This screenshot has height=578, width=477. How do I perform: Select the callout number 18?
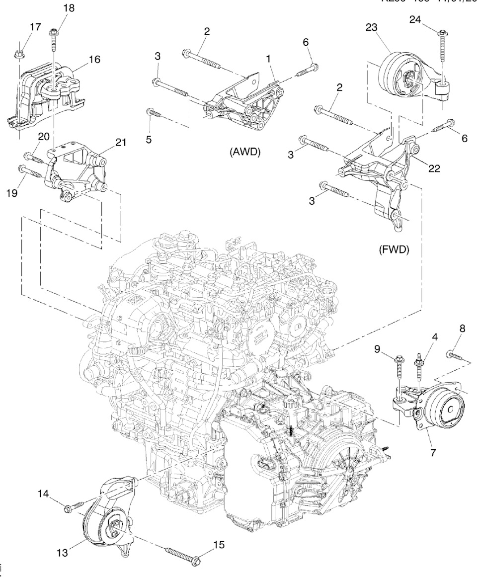(68, 9)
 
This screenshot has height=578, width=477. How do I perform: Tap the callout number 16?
(94, 59)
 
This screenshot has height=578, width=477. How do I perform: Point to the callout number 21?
(120, 142)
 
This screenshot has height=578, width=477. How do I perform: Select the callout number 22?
(434, 168)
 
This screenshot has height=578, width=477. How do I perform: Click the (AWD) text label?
(245, 152)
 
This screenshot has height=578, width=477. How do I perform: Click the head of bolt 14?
(68, 507)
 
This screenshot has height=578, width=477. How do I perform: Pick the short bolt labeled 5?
(152, 114)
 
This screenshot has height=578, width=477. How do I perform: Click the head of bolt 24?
(442, 34)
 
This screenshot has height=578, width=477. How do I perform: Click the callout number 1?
(268, 59)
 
